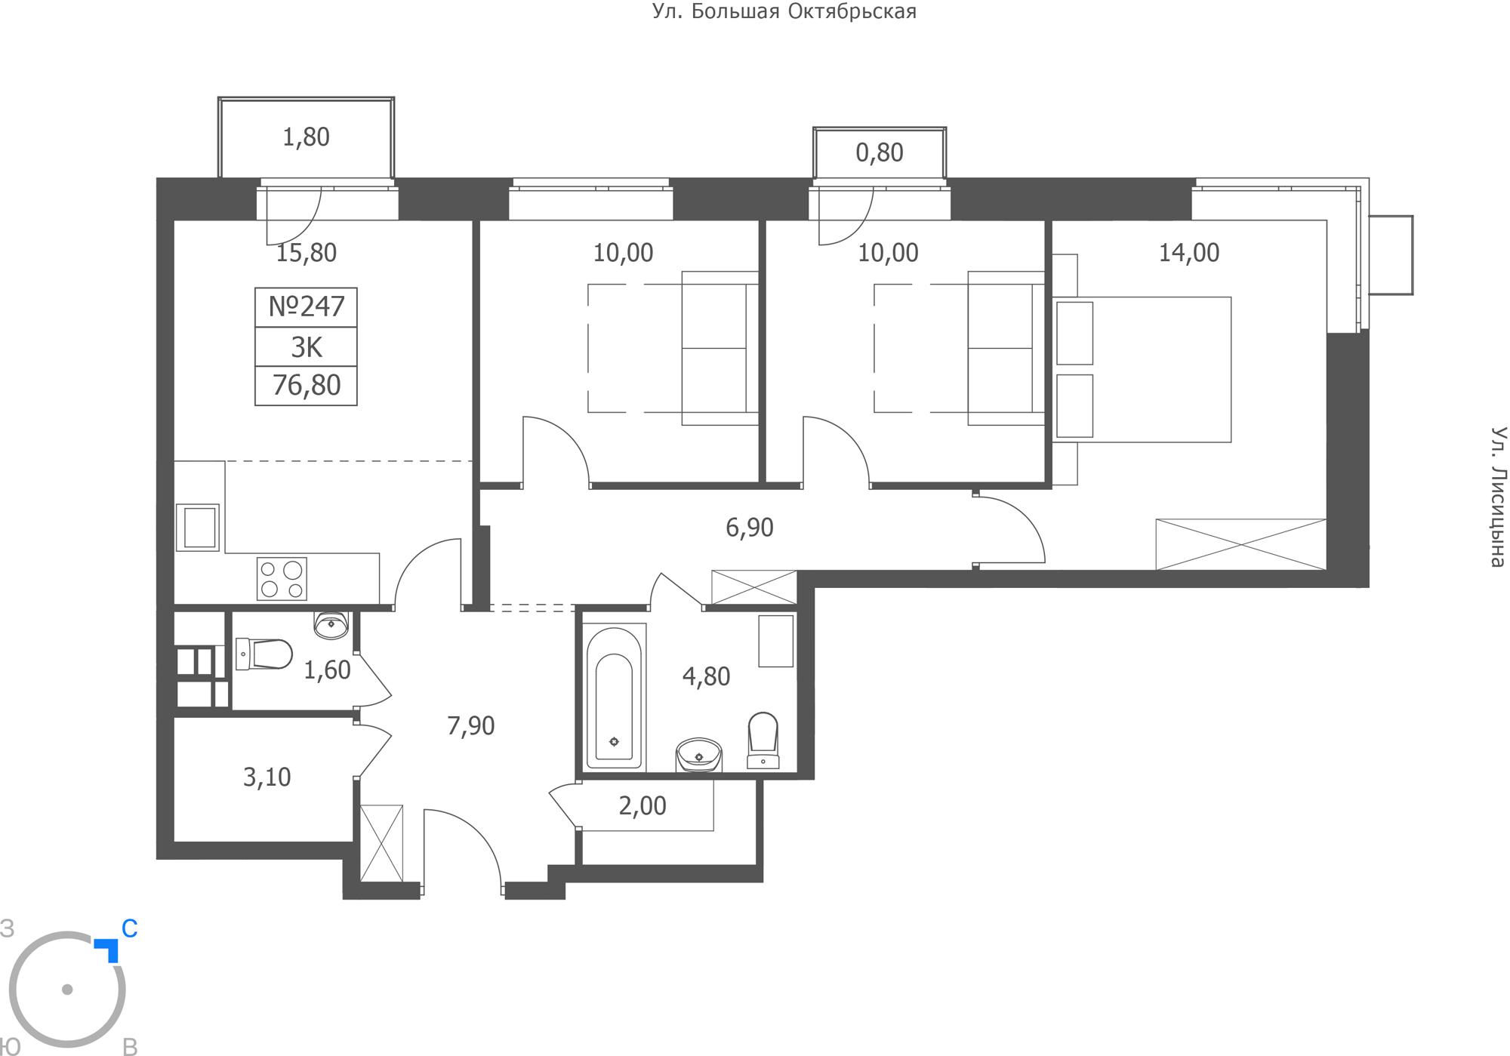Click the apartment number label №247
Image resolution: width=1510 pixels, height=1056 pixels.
click(x=307, y=306)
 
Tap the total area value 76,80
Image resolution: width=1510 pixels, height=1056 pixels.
click(x=307, y=386)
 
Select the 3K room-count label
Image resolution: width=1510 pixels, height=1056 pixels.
click(x=307, y=347)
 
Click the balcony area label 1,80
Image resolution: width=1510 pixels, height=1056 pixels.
click(x=306, y=137)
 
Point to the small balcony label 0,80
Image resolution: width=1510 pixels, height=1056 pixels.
click(x=880, y=153)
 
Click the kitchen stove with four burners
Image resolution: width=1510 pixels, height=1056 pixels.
click(x=282, y=578)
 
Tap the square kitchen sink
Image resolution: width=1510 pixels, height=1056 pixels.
click(x=198, y=528)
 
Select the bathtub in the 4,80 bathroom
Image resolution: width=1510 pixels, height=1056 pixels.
click(x=615, y=697)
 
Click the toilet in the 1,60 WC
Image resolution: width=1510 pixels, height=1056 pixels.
click(x=263, y=654)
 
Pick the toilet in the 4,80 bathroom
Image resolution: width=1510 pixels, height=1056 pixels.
click(x=763, y=740)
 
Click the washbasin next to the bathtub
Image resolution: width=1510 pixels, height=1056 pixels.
click(x=699, y=755)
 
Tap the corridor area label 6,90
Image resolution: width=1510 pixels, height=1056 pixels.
click(x=750, y=528)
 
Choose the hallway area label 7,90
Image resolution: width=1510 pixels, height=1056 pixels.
click(x=471, y=726)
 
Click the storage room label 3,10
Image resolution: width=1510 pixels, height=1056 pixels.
click(x=267, y=777)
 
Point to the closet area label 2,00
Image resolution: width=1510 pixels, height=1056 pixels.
click(x=643, y=806)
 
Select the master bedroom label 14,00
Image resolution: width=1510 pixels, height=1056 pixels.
click(x=1189, y=253)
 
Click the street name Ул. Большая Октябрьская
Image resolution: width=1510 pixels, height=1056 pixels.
click(x=784, y=12)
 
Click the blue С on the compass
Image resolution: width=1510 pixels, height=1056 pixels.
click(x=130, y=929)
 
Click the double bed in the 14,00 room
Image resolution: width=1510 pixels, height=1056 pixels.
click(x=1142, y=369)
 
